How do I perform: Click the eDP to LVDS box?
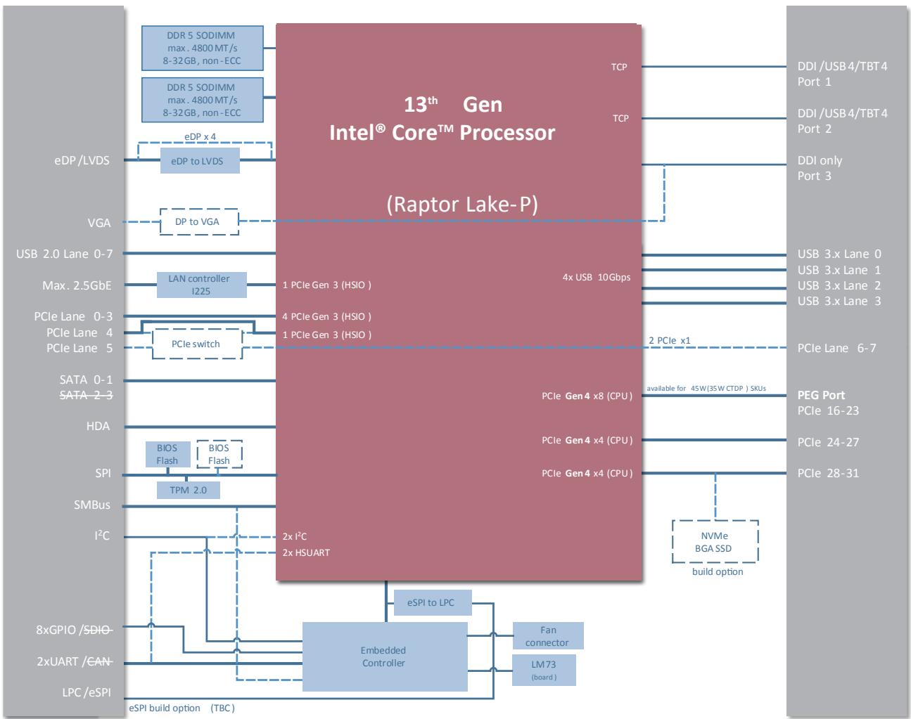click(200, 161)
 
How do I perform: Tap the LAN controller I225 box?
click(201, 285)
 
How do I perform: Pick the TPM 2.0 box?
click(189, 490)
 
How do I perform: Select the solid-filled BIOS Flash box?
click(167, 454)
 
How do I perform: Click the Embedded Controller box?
click(385, 656)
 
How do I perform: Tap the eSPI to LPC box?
click(433, 603)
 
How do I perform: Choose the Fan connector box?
click(548, 635)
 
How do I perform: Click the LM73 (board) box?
click(544, 670)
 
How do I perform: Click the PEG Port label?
click(821, 395)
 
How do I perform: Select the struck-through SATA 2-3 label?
click(87, 395)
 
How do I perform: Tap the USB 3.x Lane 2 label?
click(839, 285)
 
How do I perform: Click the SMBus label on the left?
click(92, 505)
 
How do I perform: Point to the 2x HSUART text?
click(306, 553)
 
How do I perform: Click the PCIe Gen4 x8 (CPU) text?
click(587, 396)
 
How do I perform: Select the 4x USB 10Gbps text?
click(597, 277)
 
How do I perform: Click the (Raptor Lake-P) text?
click(462, 205)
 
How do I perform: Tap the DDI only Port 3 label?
click(820, 168)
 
